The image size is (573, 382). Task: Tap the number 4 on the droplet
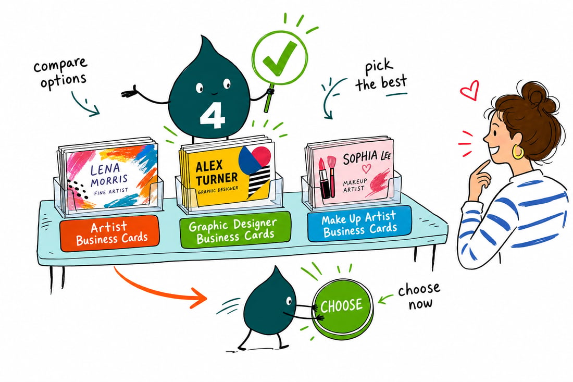pyautogui.click(x=212, y=115)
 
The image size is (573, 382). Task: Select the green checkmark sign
pyautogui.click(x=280, y=58)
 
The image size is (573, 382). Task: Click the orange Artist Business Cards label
pyautogui.click(x=109, y=233)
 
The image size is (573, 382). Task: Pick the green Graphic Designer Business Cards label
pyautogui.click(x=235, y=230)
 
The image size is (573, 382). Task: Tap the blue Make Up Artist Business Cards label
pyautogui.click(x=359, y=224)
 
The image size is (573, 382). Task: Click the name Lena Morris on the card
pyautogui.click(x=108, y=175)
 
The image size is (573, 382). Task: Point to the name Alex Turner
pyautogui.click(x=216, y=172)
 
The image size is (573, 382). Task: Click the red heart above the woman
pyautogui.click(x=469, y=90)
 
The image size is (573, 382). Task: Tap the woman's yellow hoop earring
pyautogui.click(x=518, y=152)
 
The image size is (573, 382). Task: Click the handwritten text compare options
pyautogui.click(x=61, y=73)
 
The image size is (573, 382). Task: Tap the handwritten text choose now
pyautogui.click(x=419, y=295)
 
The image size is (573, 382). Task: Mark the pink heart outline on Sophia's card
pyautogui.click(x=366, y=168)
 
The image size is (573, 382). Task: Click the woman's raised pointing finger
pyautogui.click(x=481, y=167)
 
